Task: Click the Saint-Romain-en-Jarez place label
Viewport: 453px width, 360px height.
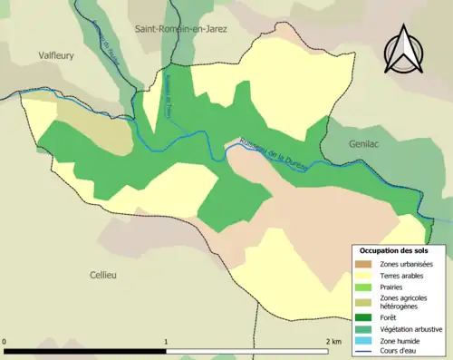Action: (181, 28)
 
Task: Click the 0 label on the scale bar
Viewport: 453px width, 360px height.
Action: (5, 341)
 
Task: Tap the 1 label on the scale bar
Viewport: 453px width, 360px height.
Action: (165, 341)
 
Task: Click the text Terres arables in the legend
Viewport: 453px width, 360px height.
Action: (404, 277)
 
